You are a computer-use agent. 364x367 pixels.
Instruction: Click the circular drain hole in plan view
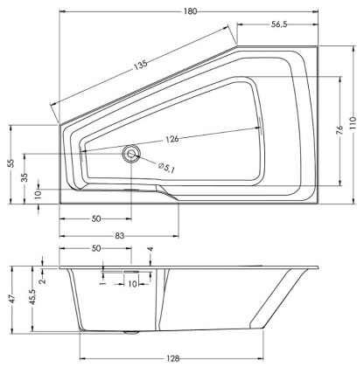[x=132, y=154]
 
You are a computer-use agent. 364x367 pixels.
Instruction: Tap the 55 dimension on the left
[x=10, y=163]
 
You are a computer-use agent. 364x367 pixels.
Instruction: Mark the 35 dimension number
[x=24, y=177]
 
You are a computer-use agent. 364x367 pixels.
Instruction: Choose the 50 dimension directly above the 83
[x=95, y=218]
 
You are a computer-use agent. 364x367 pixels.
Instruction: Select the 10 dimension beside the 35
[x=38, y=194]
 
